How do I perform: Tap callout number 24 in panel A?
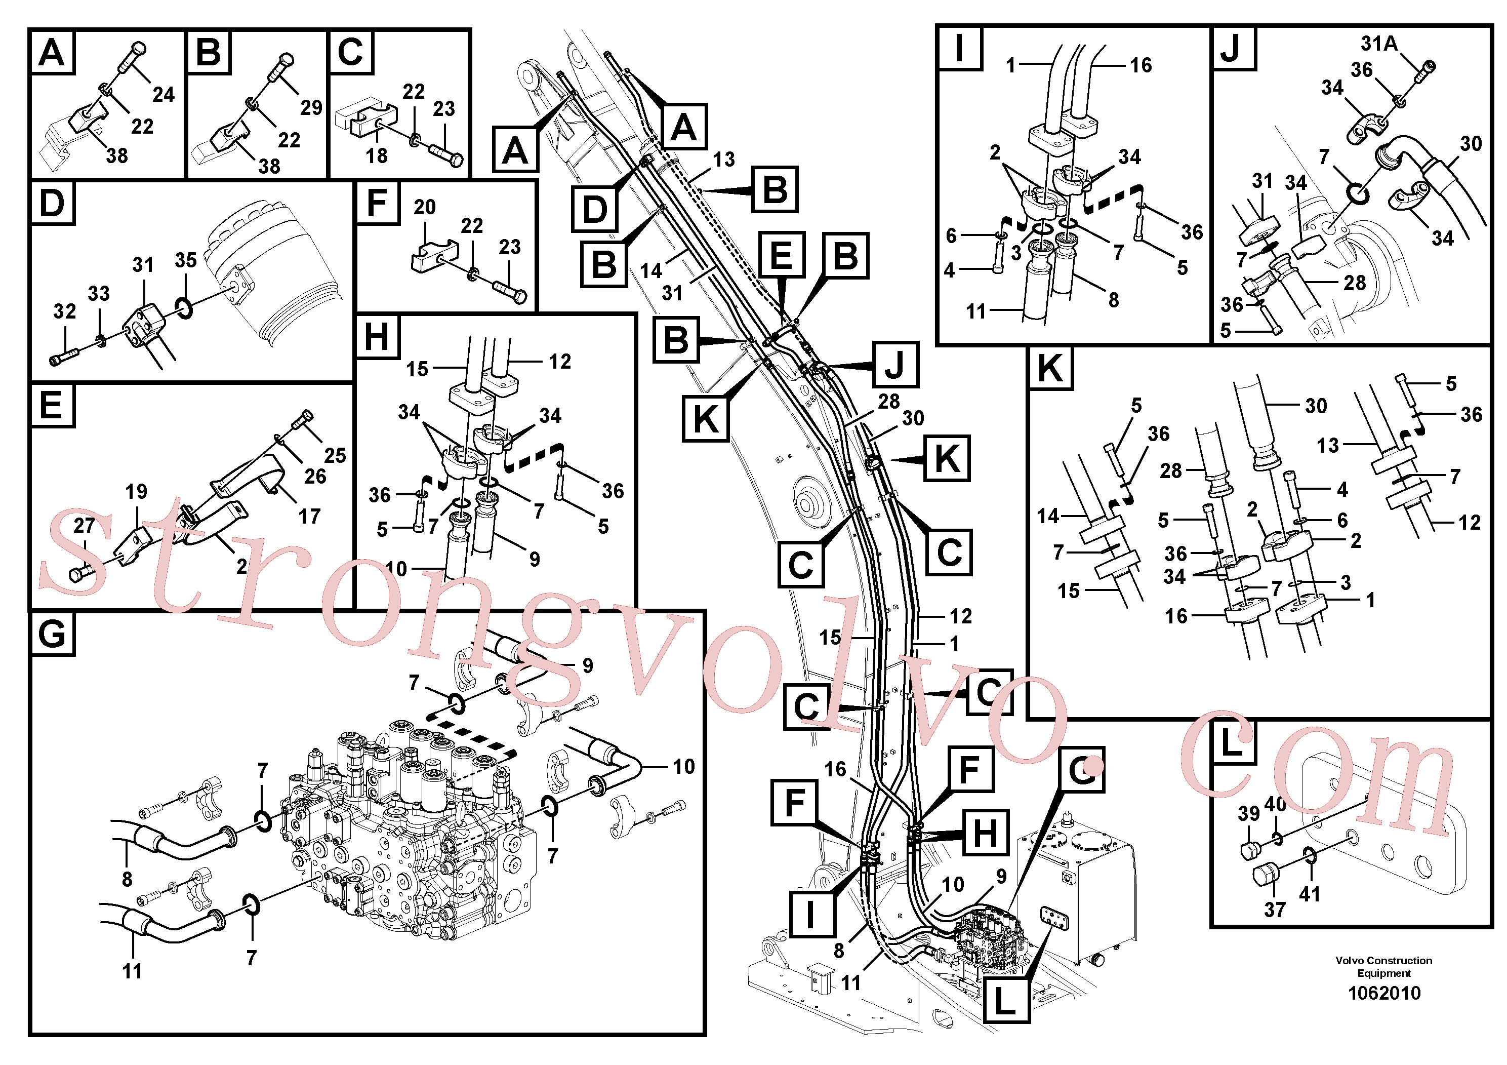(164, 95)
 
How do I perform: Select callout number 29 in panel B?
(311, 108)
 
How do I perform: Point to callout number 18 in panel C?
(377, 155)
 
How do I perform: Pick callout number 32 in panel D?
(64, 311)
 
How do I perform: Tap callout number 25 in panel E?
(335, 455)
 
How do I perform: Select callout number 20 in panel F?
(425, 207)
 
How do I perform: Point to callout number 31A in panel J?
(1379, 44)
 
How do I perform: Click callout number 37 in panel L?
(1275, 910)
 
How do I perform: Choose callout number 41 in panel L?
(1310, 894)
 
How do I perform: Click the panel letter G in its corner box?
(53, 634)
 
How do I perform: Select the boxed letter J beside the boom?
(895, 365)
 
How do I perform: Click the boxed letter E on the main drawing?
(781, 255)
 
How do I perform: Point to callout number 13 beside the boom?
(724, 160)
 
